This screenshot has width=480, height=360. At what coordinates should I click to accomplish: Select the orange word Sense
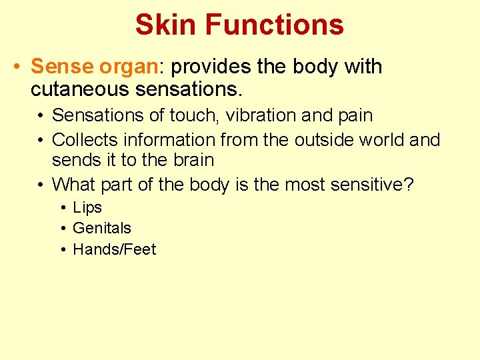62,67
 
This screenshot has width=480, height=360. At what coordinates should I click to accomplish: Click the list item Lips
87,207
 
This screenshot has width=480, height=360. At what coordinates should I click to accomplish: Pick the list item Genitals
101,228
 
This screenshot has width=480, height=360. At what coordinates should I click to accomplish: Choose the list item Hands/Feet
114,249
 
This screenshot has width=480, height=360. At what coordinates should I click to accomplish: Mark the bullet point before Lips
62,207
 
